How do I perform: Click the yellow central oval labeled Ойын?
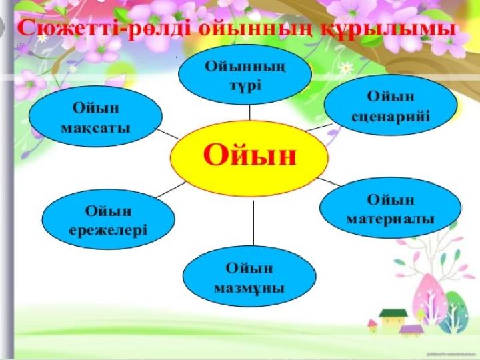(x=249, y=158)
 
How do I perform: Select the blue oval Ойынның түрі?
(x=245, y=75)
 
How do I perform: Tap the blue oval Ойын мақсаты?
(x=95, y=116)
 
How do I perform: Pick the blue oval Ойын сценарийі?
(x=391, y=105)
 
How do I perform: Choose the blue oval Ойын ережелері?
(x=109, y=219)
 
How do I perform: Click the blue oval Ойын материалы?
(x=390, y=207)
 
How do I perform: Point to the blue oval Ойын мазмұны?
(x=249, y=276)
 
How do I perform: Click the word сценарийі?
(x=391, y=117)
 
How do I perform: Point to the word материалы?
(x=390, y=219)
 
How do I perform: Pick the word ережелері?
(x=109, y=231)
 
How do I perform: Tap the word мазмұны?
(x=249, y=289)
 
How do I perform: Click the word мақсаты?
(x=95, y=128)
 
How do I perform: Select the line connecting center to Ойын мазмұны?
(x=253, y=223)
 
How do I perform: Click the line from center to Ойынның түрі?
(x=250, y=113)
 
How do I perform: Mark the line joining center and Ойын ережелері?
(x=171, y=190)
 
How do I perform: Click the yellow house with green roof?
(x=393, y=319)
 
